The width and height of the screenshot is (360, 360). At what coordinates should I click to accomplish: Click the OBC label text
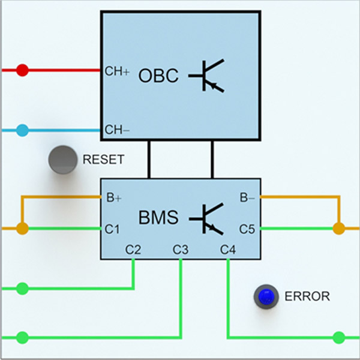coord(158,76)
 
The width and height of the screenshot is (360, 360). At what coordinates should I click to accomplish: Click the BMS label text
coord(158,217)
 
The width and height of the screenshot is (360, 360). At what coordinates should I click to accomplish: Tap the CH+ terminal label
coord(117,71)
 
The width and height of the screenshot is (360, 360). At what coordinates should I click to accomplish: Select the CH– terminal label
coord(117,129)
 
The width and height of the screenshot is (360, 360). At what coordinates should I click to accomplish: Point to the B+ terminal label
coord(114,197)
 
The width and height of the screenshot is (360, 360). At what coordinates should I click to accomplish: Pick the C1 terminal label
coord(113,229)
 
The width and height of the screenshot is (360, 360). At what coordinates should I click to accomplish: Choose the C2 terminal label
coord(133,248)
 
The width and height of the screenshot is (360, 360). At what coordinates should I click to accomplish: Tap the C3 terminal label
coord(181,248)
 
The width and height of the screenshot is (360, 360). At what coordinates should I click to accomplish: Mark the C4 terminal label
coord(227,248)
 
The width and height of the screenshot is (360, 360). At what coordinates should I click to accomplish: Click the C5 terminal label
coord(248,229)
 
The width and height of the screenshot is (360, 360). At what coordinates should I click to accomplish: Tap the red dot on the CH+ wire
coord(22,71)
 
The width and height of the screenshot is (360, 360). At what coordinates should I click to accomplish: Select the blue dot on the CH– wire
coord(22,130)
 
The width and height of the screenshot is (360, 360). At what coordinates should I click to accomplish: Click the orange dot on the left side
coord(22,229)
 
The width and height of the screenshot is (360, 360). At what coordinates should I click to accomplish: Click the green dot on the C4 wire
coord(339,337)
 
